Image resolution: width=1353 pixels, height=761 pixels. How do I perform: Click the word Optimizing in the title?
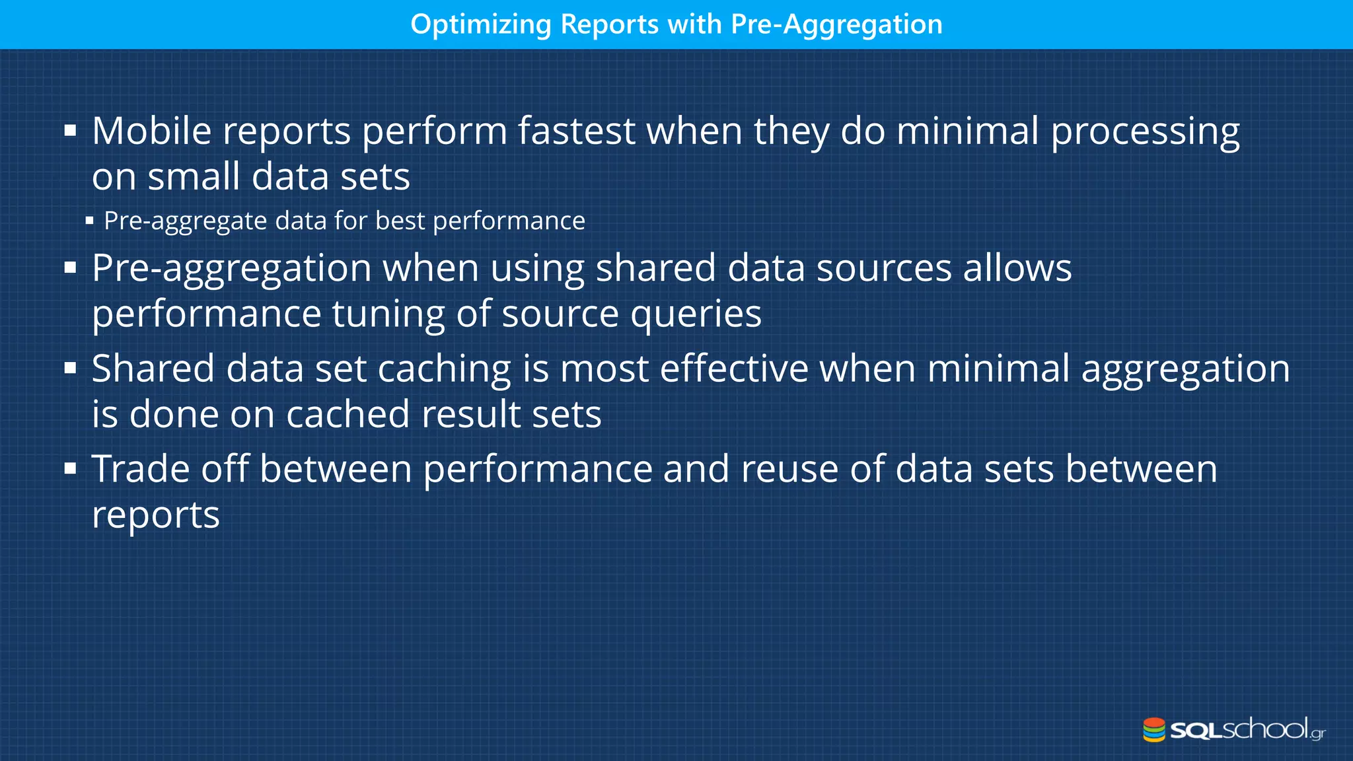pos(480,24)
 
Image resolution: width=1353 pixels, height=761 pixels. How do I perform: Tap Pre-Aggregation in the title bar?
pos(836,24)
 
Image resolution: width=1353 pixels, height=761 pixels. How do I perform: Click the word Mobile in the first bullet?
pos(151,131)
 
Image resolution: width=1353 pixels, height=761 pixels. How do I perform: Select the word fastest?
pos(576,131)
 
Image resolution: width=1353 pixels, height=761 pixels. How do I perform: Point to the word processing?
pos(1145,132)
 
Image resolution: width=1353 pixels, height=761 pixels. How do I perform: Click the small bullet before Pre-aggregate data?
pos(89,221)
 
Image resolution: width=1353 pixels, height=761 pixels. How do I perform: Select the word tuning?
pos(388,314)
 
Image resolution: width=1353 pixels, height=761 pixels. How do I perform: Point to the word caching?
pos(444,369)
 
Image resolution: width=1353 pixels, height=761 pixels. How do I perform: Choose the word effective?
pos(734,369)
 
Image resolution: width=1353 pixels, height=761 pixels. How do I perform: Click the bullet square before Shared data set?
pos(71,369)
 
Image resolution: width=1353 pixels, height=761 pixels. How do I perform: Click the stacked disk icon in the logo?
pos(1154,730)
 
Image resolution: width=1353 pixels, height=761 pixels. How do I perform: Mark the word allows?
pos(1017,268)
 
